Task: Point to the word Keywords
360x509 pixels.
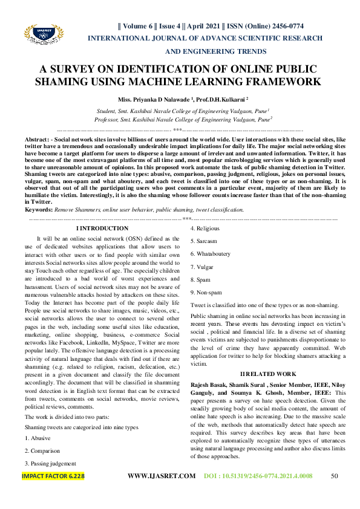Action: (38, 209)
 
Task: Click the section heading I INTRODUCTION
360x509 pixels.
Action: (102, 228)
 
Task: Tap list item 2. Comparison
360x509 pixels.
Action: (42, 450)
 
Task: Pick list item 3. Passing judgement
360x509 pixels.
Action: (50, 464)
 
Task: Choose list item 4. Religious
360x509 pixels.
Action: (205, 229)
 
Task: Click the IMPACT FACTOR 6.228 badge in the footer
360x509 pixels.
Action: (53, 493)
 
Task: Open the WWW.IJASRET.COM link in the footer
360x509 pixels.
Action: (162, 493)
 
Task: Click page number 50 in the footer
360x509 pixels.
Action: (334, 493)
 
